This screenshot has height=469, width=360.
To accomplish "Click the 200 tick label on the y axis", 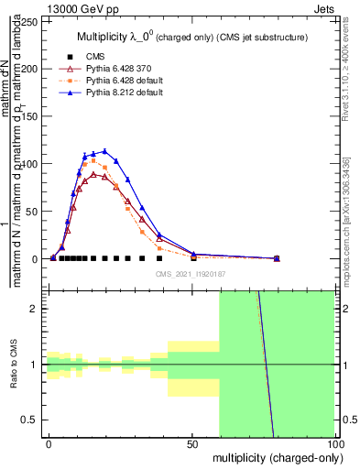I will point(34,69).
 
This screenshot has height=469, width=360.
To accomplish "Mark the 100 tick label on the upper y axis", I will point(34,164).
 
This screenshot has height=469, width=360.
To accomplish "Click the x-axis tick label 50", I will point(192,443).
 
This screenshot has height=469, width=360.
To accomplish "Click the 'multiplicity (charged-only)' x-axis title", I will point(274,456).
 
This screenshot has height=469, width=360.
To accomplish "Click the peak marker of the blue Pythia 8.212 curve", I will point(104,151).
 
